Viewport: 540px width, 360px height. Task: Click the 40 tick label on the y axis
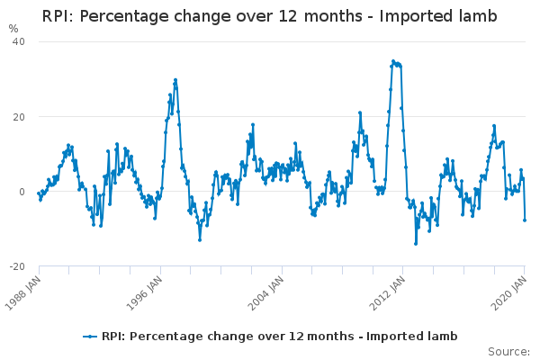click(19, 41)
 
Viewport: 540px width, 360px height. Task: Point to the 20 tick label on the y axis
click(19, 117)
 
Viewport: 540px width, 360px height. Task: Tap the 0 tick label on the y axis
click(22, 192)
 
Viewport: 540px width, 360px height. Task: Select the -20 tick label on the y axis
click(17, 266)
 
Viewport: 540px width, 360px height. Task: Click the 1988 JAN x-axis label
click(23, 293)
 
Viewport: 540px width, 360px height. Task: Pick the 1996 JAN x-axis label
click(145, 293)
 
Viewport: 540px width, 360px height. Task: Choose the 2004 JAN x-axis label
click(266, 293)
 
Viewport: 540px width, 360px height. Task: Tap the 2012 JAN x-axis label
click(387, 293)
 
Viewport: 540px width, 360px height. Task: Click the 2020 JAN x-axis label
click(509, 293)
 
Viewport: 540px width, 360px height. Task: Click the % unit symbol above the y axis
click(13, 29)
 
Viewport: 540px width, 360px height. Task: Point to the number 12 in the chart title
click(288, 16)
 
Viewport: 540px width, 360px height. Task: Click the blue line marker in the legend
click(90, 337)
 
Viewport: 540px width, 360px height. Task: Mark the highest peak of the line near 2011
click(393, 61)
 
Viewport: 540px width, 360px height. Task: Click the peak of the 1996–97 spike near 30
click(175, 80)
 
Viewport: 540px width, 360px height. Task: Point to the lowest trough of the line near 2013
click(416, 244)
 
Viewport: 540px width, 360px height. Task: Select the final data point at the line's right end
click(525, 220)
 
